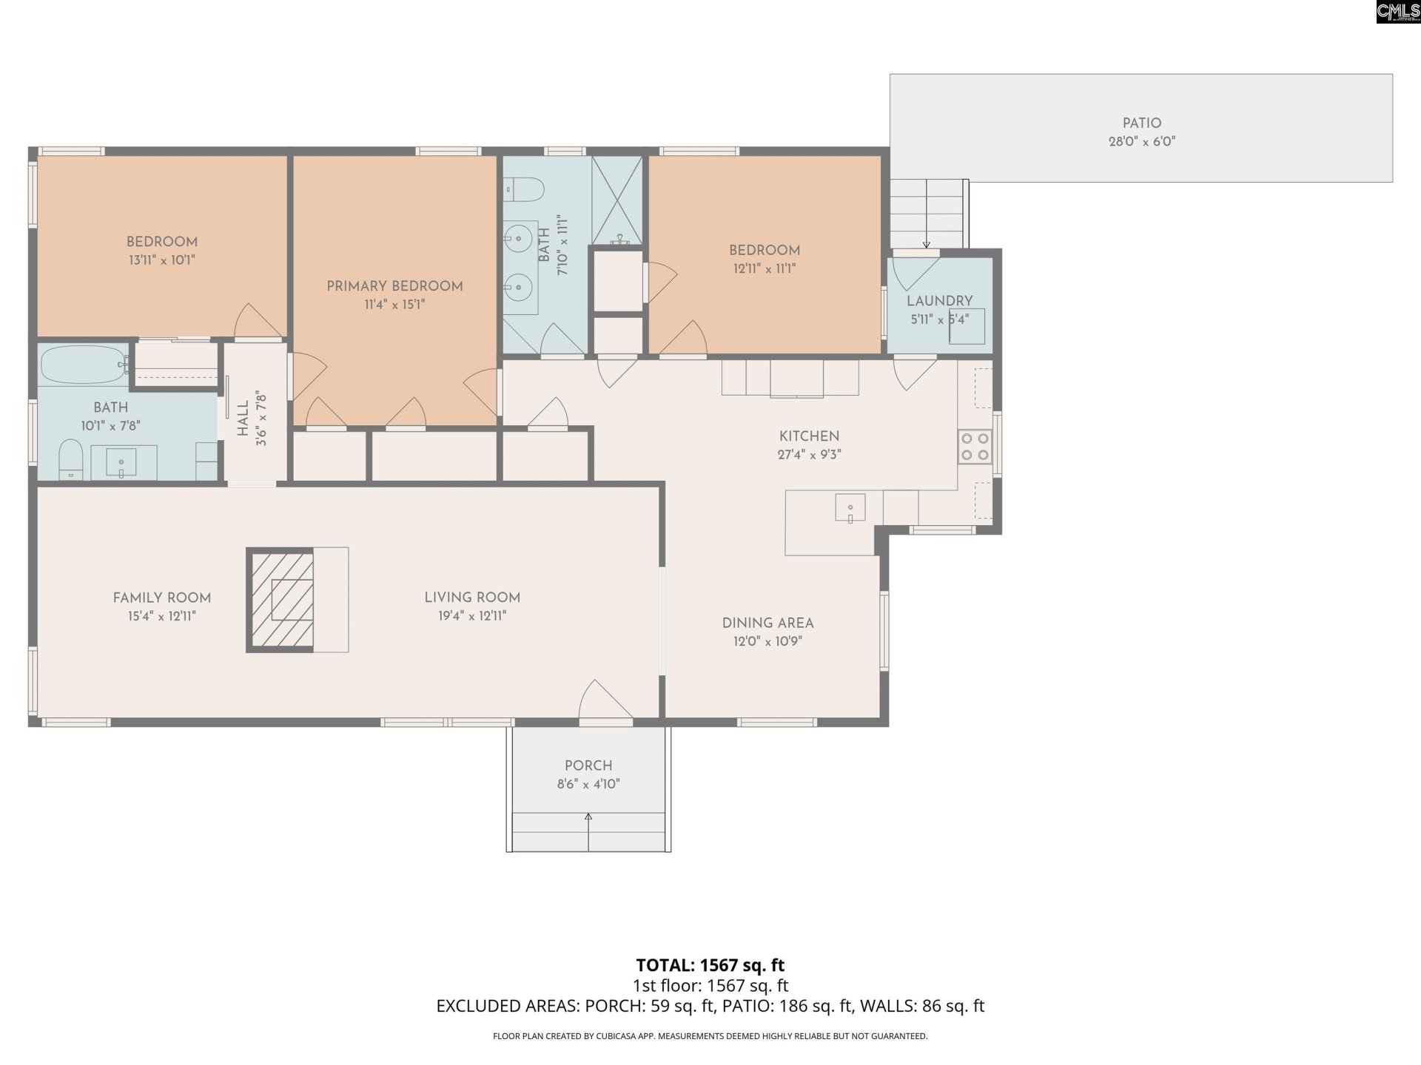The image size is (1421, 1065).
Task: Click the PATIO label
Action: (x=1141, y=124)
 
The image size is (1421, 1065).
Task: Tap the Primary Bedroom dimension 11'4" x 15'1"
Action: (x=394, y=305)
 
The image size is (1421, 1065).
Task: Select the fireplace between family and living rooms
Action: (x=280, y=600)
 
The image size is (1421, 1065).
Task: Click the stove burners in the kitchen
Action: (x=975, y=447)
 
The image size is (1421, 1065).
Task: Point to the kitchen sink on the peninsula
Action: (x=850, y=508)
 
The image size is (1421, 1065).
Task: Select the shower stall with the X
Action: (x=617, y=200)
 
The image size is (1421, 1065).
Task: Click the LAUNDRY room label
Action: (x=939, y=301)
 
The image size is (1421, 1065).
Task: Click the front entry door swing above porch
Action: (x=603, y=700)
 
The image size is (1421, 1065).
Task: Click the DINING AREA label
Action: (x=767, y=623)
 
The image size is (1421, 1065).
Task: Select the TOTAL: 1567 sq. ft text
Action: (x=710, y=965)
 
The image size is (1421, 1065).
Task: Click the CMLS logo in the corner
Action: (x=1397, y=11)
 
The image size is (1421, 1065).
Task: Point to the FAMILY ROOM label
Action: (x=161, y=598)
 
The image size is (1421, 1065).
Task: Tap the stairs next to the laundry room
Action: (x=928, y=214)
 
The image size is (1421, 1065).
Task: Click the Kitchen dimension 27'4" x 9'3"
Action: (x=809, y=455)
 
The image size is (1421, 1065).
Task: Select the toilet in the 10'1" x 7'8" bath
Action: (x=70, y=459)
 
